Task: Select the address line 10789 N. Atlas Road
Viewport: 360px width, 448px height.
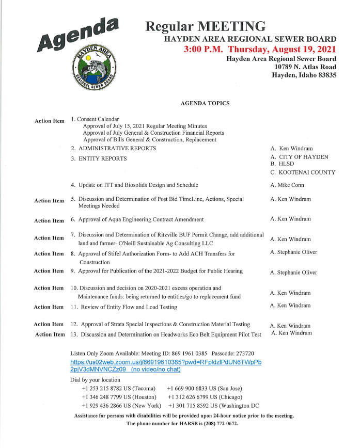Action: pyautogui.click(x=305, y=67)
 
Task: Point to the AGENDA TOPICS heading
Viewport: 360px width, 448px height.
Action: pyautogui.click(x=205, y=103)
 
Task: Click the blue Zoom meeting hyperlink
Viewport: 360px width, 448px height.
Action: pyautogui.click(x=166, y=366)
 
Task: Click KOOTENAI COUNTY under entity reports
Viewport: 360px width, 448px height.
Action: pyautogui.click(x=306, y=172)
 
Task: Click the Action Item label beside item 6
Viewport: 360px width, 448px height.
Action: pyautogui.click(x=49, y=220)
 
